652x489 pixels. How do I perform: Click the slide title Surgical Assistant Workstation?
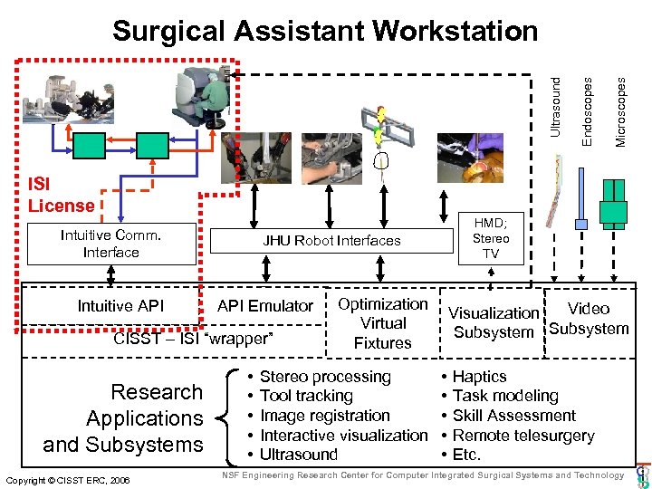coord(325,32)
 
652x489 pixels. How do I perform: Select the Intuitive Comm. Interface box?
coord(111,244)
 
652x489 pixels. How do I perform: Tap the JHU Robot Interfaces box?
coord(331,241)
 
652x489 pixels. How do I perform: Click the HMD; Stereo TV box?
coord(490,238)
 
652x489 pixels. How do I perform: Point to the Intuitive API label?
coord(120,306)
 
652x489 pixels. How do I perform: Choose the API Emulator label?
coord(265,306)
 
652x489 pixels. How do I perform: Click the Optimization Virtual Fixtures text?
coord(382,323)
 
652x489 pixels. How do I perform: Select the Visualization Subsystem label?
coord(494,322)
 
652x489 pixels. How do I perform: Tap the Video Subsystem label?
coord(589,318)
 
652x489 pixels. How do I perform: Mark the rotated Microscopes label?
coord(620,110)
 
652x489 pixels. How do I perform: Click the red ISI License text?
coord(61,196)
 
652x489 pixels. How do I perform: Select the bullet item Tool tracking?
coord(306,396)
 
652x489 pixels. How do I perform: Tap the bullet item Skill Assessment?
coord(514,416)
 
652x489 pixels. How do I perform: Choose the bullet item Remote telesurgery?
coord(523,436)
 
